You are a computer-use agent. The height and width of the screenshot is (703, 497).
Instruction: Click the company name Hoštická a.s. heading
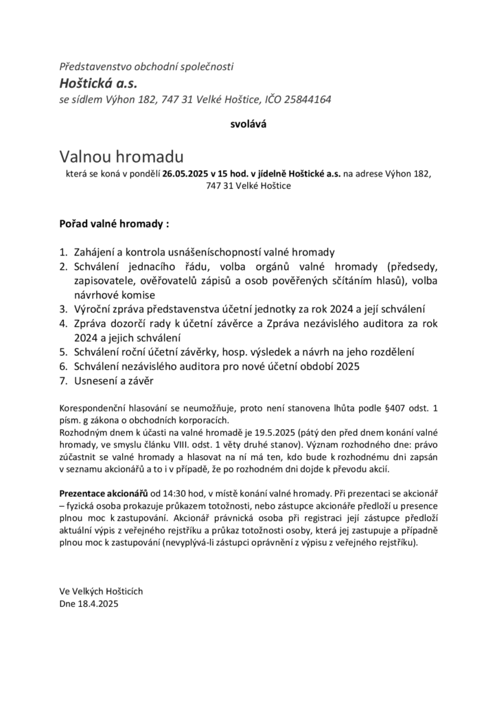point(98,84)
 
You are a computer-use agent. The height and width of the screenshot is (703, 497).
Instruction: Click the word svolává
point(248,125)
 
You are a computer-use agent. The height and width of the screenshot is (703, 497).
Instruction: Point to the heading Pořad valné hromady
point(114,224)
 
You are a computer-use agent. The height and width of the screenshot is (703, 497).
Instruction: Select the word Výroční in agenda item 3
point(97,310)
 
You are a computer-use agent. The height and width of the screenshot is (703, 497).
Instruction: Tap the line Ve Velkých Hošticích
point(102,591)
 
